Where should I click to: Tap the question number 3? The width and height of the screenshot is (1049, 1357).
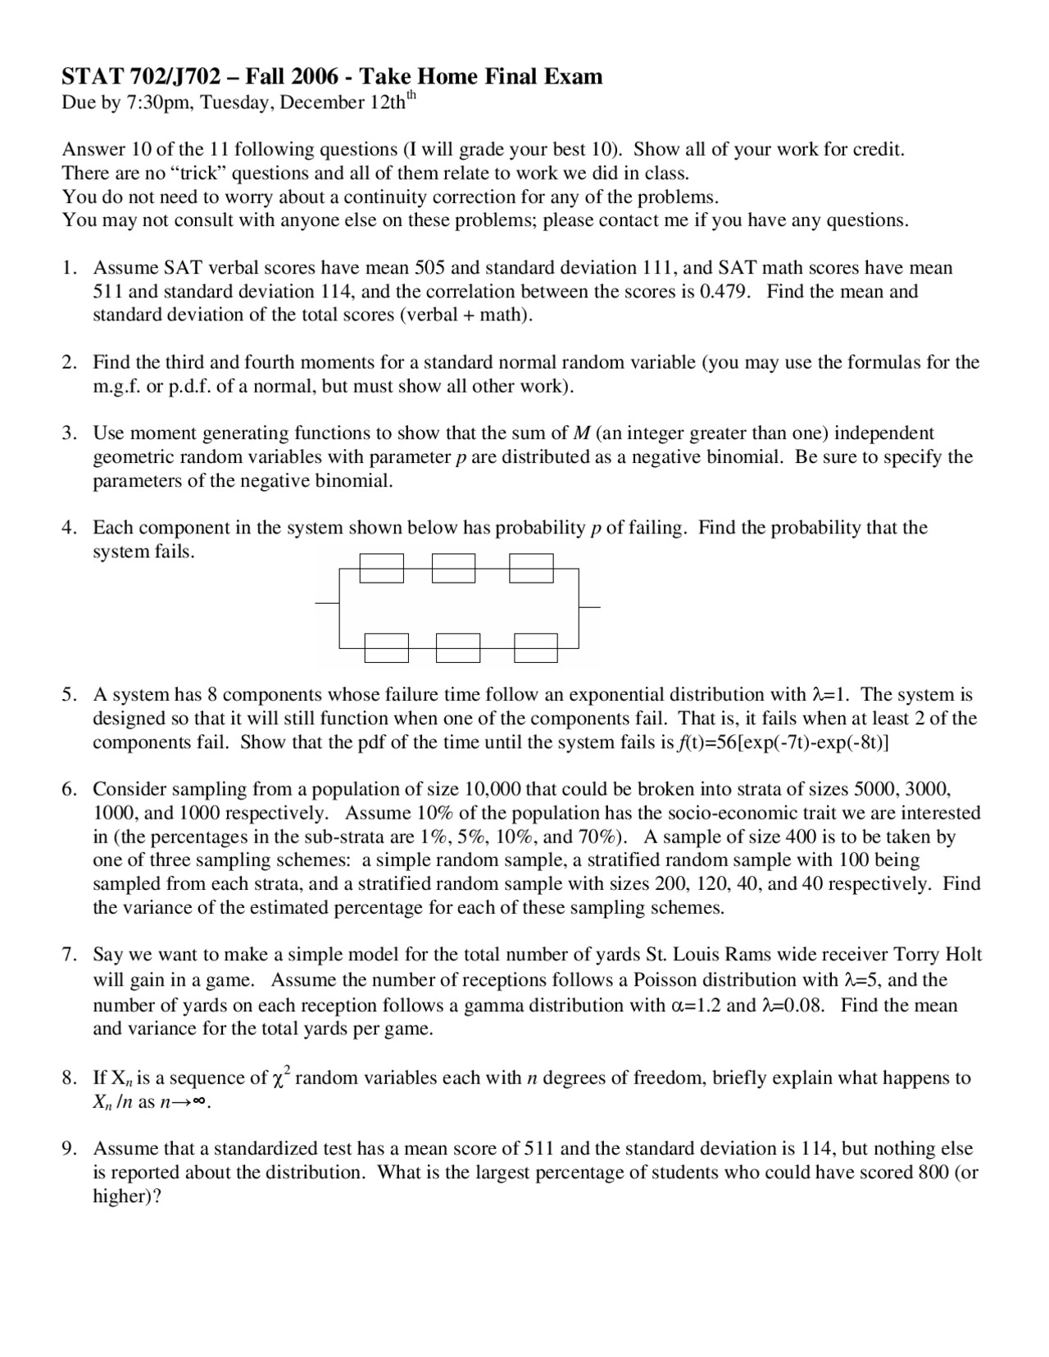click(69, 433)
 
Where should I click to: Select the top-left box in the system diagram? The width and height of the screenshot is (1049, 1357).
click(382, 568)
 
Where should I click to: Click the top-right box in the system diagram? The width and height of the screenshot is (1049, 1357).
click(531, 568)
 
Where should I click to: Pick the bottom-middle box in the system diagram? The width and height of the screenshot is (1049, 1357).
click(458, 647)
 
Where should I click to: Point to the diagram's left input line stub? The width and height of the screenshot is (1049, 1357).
click(327, 603)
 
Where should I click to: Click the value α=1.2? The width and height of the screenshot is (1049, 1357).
click(695, 1005)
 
